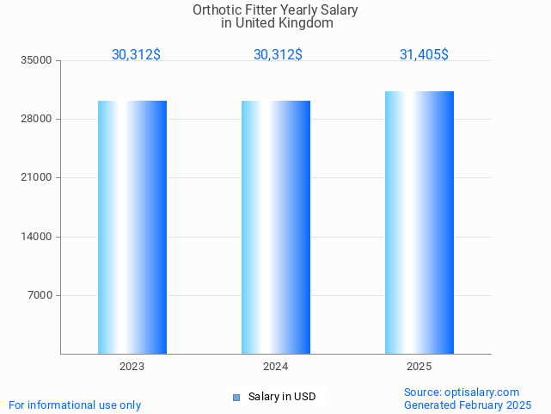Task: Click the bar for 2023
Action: (132, 227)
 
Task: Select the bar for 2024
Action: (275, 227)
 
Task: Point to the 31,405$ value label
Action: (424, 54)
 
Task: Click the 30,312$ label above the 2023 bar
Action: (136, 54)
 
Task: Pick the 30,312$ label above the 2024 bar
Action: (278, 54)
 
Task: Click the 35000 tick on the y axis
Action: (38, 60)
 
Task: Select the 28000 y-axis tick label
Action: (38, 119)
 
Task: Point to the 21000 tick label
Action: (38, 178)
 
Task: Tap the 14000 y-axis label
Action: (38, 237)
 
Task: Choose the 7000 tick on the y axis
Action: (40, 295)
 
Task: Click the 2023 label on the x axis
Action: (132, 367)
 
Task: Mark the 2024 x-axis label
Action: (275, 367)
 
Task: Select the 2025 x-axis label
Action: (419, 367)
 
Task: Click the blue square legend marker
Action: (236, 397)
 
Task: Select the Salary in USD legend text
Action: (282, 397)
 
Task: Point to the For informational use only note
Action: (75, 405)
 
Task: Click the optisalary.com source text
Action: (481, 392)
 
